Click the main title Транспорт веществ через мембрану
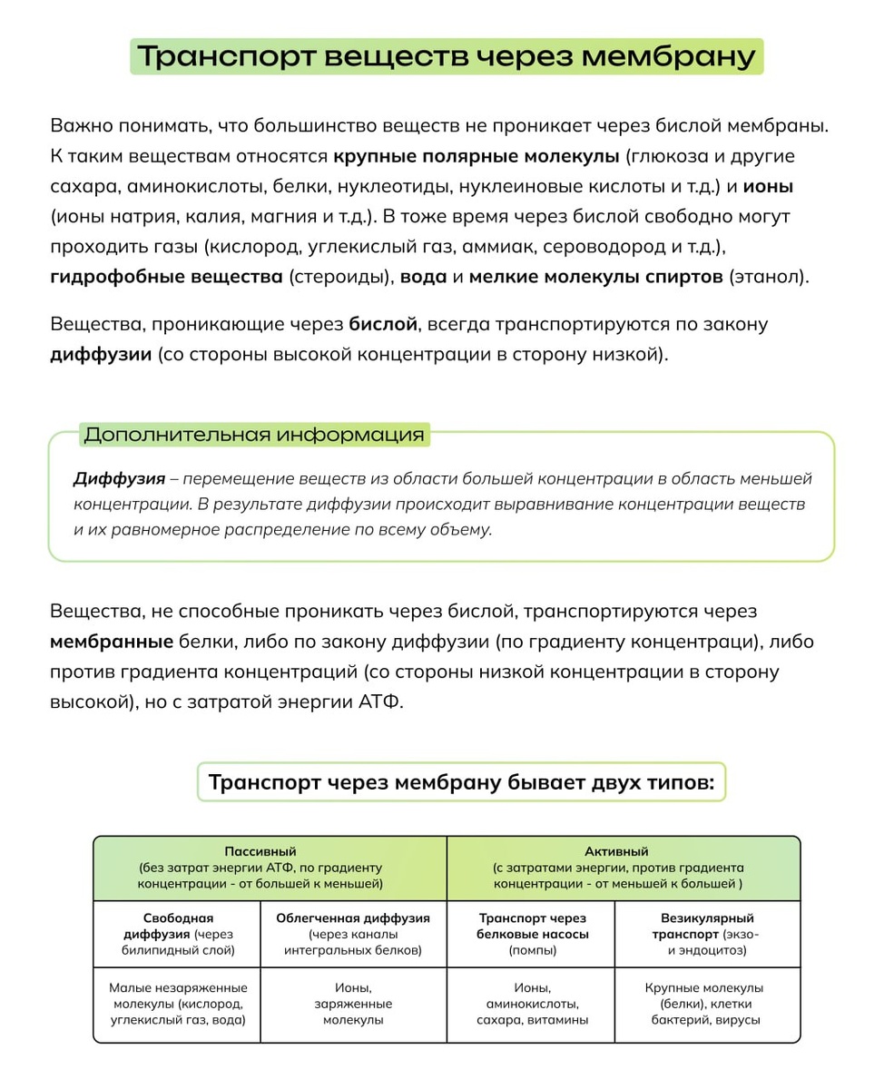447,57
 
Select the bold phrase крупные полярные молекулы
475,156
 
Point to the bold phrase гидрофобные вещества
166,278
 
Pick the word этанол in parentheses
765,278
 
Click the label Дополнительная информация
254,435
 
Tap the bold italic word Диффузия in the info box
119,478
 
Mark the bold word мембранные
112,643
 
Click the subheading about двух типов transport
461,782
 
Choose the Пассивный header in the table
270,868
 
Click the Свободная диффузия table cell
177,934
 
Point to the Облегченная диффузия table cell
352,934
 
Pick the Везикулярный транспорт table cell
706,934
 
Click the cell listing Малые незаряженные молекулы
177,1003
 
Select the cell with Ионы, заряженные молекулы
352,1003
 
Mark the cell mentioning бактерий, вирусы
706,1003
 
